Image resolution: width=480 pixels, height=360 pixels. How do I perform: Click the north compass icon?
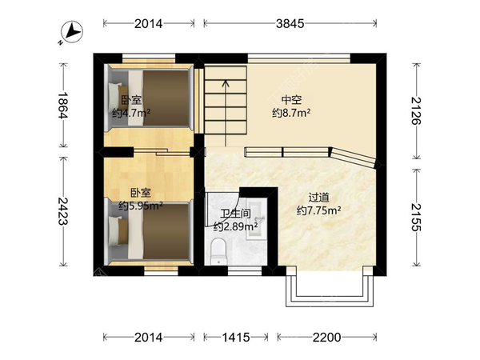pos(72,32)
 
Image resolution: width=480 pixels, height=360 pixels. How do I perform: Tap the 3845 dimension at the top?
pos(290,23)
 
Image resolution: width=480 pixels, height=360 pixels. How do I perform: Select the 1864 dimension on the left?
pos(63,105)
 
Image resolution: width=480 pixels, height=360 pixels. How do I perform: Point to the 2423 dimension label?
pos(63,211)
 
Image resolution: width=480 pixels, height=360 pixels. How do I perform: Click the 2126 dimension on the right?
pos(416,110)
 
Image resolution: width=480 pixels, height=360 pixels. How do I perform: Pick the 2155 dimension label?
pos(416,217)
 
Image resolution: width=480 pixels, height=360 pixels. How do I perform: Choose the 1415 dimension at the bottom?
pos(236,338)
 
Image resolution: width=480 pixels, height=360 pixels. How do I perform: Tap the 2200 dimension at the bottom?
pos(326,338)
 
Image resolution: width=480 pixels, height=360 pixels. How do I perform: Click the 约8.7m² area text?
pos(291,113)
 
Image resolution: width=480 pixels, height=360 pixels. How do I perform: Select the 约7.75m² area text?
pos(318,210)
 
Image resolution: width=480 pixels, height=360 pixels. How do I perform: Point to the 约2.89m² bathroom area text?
pos(235,226)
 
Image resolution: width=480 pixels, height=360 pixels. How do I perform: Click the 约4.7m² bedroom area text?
pos(131,114)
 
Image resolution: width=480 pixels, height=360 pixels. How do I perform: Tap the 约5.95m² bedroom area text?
pos(141,206)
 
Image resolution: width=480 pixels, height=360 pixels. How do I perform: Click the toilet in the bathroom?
pos(218,251)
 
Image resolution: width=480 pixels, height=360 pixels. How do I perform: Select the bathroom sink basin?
pos(256,218)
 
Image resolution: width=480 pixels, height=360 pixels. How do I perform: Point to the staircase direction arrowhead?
pos(226,82)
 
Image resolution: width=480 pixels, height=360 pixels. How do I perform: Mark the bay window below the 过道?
pos(330,286)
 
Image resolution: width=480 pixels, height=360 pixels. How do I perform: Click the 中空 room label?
pos(291,100)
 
